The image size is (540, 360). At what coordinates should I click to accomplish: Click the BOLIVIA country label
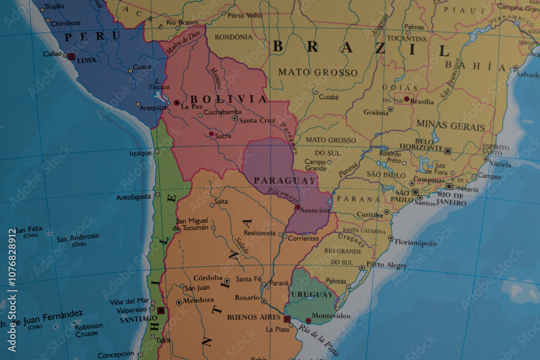228,99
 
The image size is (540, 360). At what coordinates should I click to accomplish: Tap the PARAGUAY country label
285,181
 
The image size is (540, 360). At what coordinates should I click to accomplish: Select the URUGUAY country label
312,295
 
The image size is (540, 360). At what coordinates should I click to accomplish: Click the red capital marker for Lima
71,56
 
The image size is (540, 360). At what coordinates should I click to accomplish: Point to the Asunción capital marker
298,207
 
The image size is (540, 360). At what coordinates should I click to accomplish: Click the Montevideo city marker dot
308,321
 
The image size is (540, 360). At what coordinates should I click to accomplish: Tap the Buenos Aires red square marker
287,318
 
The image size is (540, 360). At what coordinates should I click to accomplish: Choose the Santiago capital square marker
160,310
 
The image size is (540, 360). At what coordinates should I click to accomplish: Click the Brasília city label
422,101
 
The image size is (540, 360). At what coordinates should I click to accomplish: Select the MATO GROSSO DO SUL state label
330,146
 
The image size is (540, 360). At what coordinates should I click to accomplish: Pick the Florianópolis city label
415,243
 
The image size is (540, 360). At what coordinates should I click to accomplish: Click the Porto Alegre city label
387,264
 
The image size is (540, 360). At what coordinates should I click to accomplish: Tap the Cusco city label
142,67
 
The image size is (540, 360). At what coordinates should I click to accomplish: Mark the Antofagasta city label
133,197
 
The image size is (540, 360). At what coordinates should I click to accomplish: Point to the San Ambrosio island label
78,237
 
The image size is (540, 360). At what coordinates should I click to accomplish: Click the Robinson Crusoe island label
89,330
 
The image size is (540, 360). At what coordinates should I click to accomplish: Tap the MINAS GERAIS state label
450,127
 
